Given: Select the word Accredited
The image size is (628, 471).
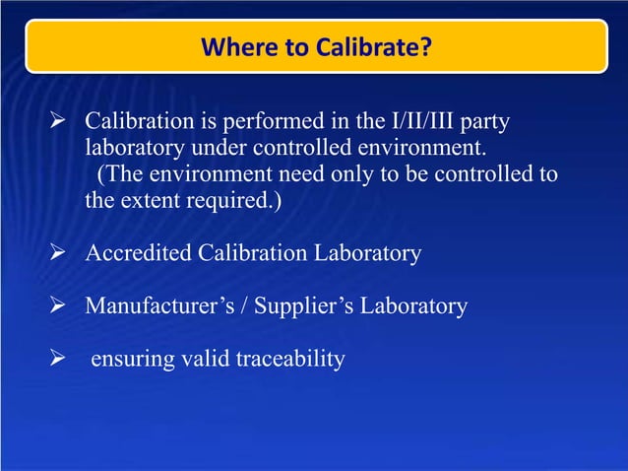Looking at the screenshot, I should click(139, 253).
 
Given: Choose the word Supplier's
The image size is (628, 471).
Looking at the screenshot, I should click(299, 305).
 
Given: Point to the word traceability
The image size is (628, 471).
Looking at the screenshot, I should click(290, 359).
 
